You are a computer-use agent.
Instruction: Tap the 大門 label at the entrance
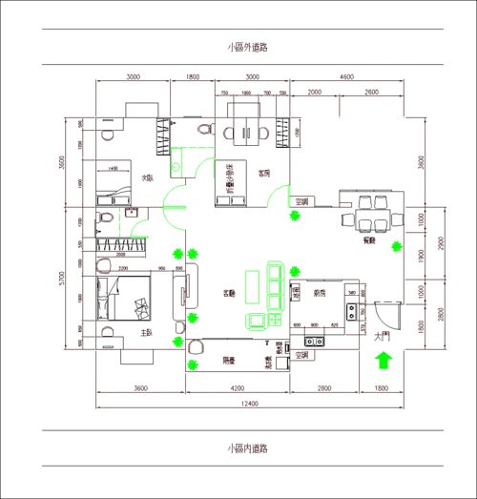383,336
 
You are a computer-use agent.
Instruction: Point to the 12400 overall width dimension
249,405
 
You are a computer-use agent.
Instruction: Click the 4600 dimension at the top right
346,76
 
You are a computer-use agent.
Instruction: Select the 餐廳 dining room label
368,242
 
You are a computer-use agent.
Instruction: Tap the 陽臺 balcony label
229,361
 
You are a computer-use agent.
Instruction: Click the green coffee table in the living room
252,287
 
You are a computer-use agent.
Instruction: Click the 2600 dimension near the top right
371,93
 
